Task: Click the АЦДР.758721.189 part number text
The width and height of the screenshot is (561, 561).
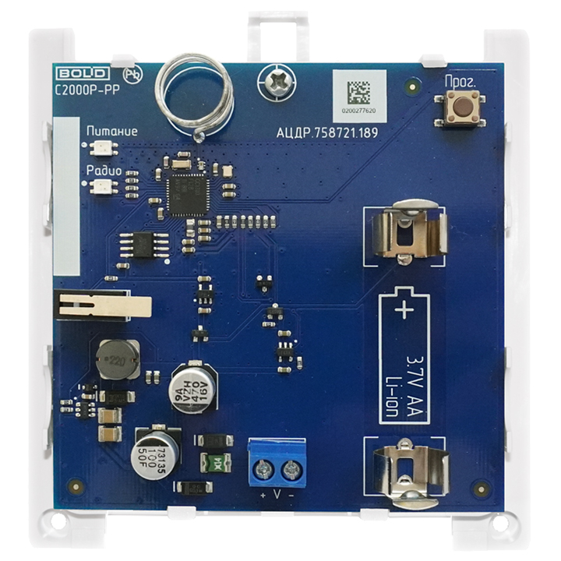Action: tap(327, 133)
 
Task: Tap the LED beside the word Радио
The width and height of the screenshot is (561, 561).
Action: tap(100, 186)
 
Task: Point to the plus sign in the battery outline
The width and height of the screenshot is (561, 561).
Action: tap(404, 312)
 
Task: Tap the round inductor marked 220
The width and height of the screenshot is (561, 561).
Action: tap(117, 359)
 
